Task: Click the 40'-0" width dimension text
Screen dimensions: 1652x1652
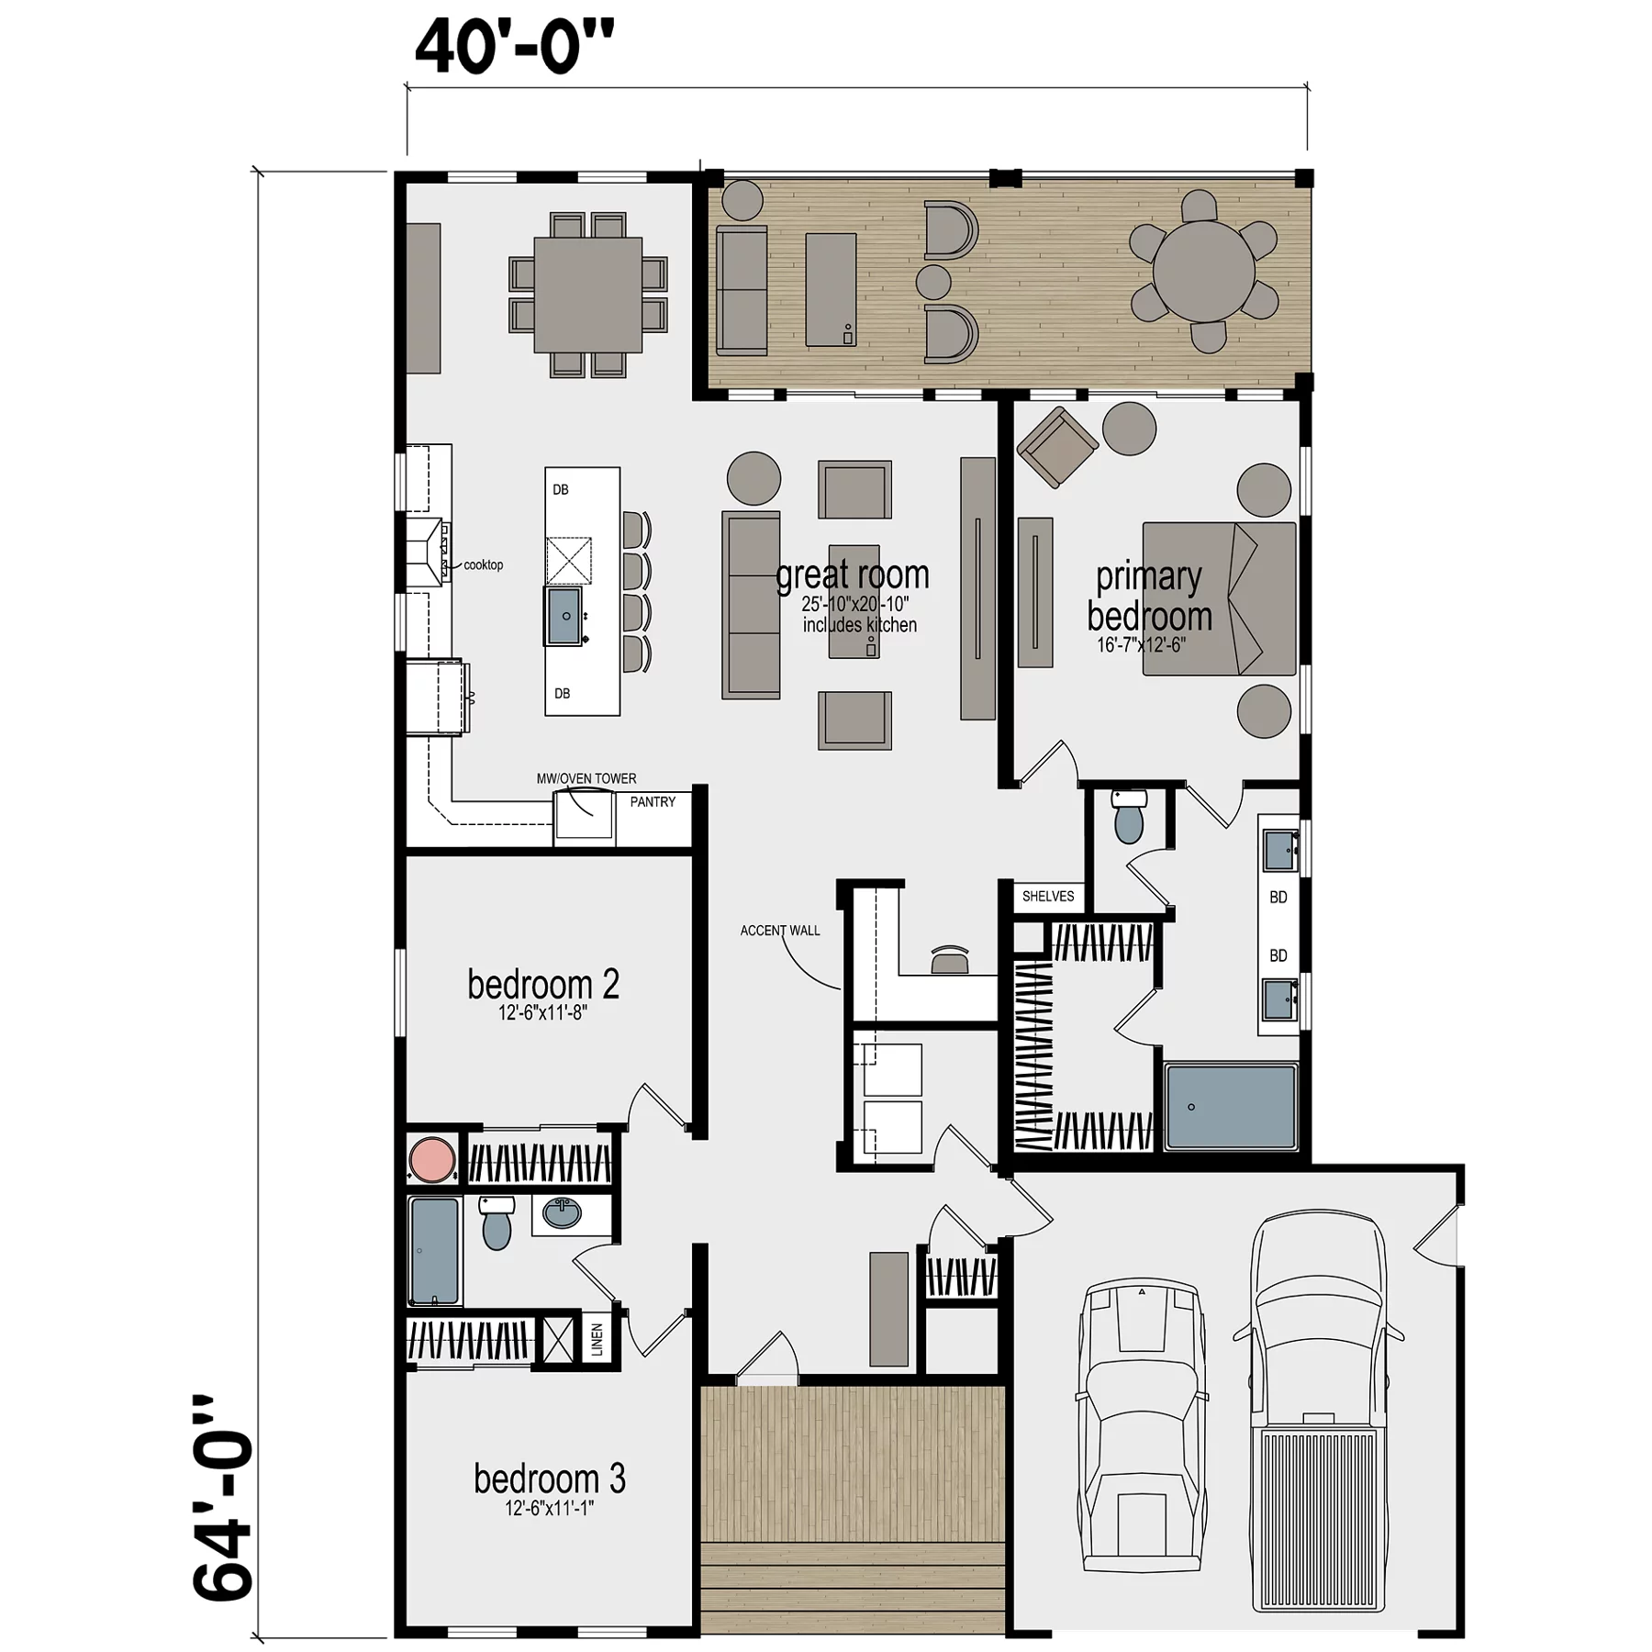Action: coord(514,47)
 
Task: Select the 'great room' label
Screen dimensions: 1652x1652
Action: coord(853,575)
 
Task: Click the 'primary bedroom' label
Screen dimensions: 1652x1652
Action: coord(1149,597)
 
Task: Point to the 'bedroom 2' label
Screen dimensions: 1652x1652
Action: coord(543,985)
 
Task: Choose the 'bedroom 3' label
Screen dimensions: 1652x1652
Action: coord(550,1479)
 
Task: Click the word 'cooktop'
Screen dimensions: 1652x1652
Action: coord(484,565)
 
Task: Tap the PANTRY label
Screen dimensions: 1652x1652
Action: coord(653,802)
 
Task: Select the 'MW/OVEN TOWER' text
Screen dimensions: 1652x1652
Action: coord(586,778)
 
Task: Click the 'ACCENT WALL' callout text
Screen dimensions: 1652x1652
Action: coord(780,931)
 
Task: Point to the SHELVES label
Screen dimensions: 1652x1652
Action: coord(1048,897)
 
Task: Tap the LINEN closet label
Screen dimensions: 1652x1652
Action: coord(597,1340)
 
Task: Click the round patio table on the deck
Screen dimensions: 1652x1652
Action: coord(1203,271)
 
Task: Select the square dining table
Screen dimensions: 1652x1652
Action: coord(588,295)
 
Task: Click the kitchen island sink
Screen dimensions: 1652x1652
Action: coord(564,617)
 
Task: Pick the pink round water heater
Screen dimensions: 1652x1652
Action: coord(432,1159)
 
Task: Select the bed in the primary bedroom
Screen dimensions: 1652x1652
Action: coord(1219,598)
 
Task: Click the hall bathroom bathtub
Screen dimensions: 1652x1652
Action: coord(435,1251)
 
